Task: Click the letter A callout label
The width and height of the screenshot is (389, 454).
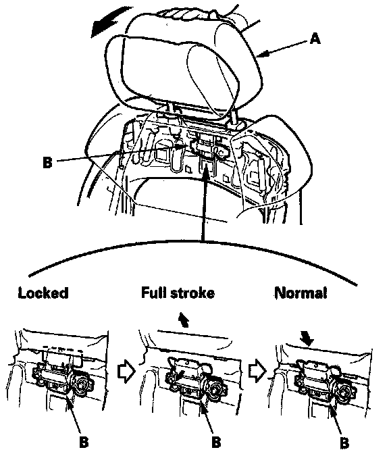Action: coord(315,39)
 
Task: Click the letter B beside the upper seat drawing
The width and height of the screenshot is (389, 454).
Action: coord(47,162)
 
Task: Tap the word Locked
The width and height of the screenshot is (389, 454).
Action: coord(43,293)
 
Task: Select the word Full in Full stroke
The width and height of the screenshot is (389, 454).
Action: coord(153,293)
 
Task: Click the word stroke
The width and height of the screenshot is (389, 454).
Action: coord(192,293)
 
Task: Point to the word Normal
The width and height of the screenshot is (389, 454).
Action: coord(301,293)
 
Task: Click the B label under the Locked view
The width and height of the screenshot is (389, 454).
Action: coord(84,442)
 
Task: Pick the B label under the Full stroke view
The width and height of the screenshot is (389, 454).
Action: coord(216,442)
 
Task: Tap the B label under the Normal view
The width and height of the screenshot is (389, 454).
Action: coord(344,443)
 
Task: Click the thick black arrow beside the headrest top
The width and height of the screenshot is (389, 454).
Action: coord(110,23)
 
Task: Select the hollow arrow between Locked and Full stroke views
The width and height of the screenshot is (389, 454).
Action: coord(126,373)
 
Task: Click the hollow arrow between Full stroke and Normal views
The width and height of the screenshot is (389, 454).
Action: coord(257,371)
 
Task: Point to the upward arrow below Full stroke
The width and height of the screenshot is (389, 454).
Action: coord(184,320)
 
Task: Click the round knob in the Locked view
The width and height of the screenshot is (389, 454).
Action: coord(83,384)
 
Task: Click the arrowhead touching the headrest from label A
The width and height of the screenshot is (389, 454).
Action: coord(265,53)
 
